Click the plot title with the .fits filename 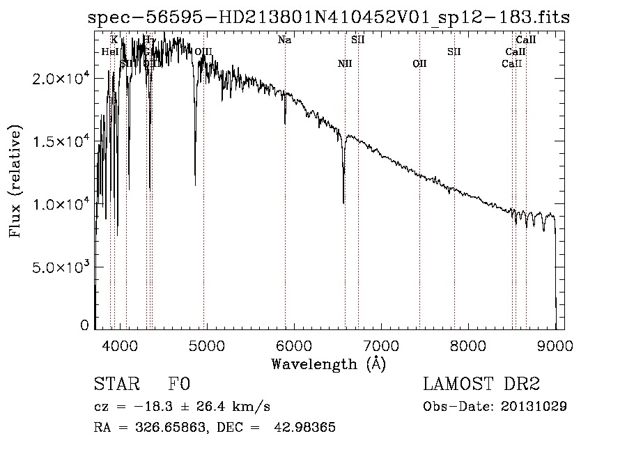point(329,18)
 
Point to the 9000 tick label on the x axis point(555,345)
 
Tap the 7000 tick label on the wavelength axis point(380,345)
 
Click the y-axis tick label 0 point(84,325)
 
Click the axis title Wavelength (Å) point(328,364)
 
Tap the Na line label point(284,40)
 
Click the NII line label point(345,64)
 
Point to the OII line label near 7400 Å point(419,64)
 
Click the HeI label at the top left point(109,52)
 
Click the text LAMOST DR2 point(481,384)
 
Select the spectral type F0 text point(178,384)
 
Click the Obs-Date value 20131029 point(534,406)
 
